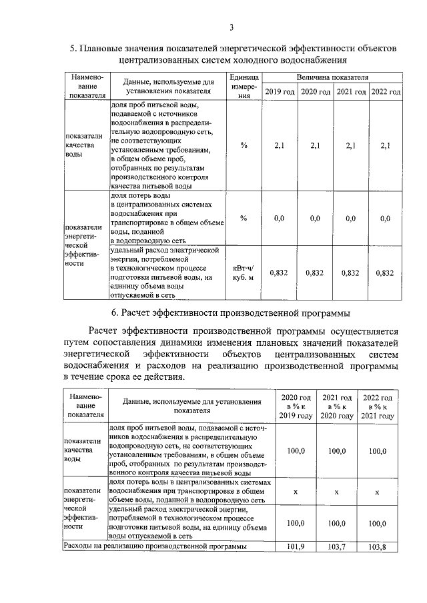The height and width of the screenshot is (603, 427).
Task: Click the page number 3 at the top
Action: pyautogui.click(x=231, y=27)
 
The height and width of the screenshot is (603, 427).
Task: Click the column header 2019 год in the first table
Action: pyautogui.click(x=280, y=91)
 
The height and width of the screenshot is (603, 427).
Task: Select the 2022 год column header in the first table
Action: pyautogui.click(x=385, y=91)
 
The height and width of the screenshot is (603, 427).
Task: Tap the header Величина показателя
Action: pyautogui.click(x=332, y=77)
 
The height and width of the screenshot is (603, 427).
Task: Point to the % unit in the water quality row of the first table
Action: pyautogui.click(x=244, y=146)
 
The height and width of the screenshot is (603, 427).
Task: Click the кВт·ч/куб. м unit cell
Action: pyautogui.click(x=244, y=273)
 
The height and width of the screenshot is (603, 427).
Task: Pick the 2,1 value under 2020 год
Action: pyautogui.click(x=315, y=146)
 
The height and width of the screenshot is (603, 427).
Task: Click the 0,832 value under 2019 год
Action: pyautogui.click(x=280, y=273)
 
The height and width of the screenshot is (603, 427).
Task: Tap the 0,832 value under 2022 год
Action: pyautogui.click(x=385, y=273)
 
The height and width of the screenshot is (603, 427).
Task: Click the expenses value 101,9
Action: pyautogui.click(x=295, y=546)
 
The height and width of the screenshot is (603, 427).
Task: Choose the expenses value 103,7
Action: pyautogui.click(x=337, y=546)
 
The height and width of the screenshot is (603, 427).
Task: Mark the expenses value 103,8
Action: pyautogui.click(x=378, y=546)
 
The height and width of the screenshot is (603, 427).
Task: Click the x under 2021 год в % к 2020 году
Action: pyautogui.click(x=337, y=491)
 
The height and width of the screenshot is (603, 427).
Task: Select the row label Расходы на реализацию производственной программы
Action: pyautogui.click(x=154, y=546)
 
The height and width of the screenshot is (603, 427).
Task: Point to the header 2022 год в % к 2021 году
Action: pyautogui.click(x=378, y=406)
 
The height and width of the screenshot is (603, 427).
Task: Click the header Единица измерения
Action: pyautogui.click(x=244, y=86)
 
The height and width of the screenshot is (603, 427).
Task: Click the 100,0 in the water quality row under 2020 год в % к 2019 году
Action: pyautogui.click(x=295, y=451)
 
